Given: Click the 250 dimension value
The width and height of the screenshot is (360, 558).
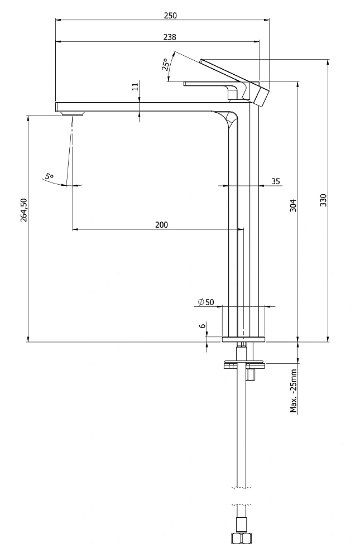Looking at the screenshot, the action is [170, 15].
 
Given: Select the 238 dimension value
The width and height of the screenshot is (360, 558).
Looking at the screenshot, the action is [170, 37].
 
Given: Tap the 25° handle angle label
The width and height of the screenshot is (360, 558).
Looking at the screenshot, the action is [166, 64].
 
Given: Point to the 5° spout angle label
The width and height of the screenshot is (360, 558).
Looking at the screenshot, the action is [49, 176].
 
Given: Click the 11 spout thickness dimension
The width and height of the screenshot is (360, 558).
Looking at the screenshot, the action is [135, 86].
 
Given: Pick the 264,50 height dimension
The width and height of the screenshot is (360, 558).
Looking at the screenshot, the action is [23, 210].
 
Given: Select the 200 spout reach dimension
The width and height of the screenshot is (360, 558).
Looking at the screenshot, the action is [161, 224].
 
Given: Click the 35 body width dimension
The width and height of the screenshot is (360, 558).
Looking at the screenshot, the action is [276, 181].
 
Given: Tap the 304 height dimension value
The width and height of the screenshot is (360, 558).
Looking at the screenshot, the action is [292, 205].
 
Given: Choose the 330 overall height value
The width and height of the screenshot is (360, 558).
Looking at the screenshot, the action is [323, 201].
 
